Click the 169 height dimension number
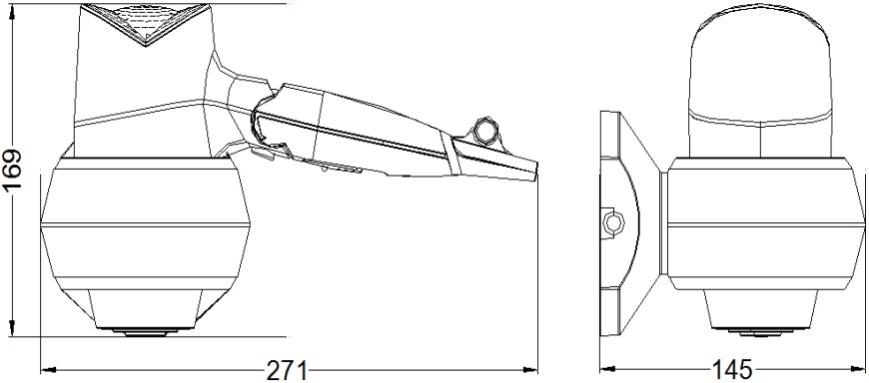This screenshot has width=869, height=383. pos(12,170)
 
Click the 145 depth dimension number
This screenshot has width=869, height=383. pos(733,370)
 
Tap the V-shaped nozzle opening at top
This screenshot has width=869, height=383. pos(146,24)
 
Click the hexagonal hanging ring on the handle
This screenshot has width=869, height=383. pos(485,129)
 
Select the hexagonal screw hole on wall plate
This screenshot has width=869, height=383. pos(613,222)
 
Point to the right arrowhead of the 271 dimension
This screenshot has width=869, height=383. pos(530,369)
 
